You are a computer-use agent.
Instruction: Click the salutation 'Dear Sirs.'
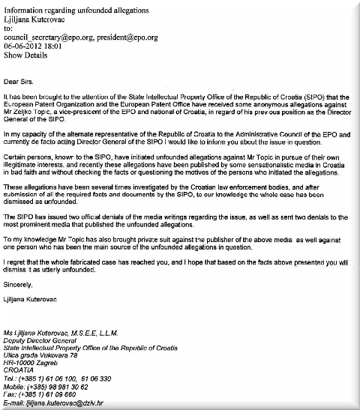tap(21, 80)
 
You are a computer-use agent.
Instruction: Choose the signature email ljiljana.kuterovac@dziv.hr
tap(64, 407)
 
